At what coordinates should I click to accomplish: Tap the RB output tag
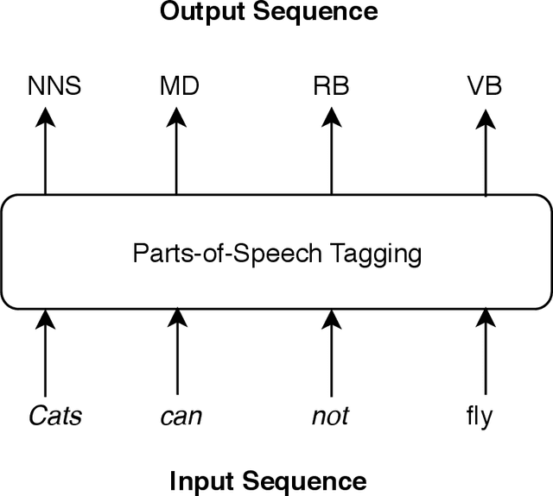tap(331, 87)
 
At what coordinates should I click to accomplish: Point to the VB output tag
tap(485, 87)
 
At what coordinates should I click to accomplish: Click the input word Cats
tap(54, 417)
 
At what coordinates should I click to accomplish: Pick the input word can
tap(181, 417)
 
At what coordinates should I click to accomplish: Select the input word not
tap(330, 417)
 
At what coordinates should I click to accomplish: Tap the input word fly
tap(478, 417)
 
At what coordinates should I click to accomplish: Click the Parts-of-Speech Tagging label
tap(276, 254)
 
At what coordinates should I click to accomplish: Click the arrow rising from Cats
tap(45, 354)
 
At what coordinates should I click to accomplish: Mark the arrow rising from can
tap(177, 354)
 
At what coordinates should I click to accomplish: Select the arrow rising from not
tap(331, 354)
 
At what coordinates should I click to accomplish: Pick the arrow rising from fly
tap(485, 354)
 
